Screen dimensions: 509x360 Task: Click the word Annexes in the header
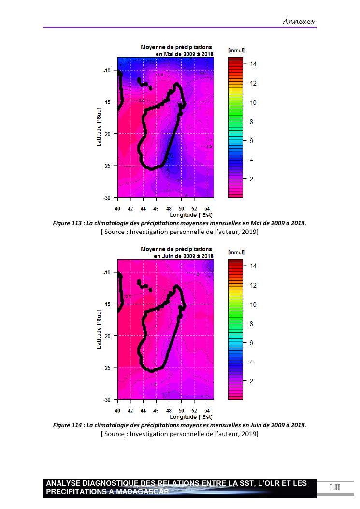click(x=299, y=21)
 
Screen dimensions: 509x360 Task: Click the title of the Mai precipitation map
click(x=176, y=50)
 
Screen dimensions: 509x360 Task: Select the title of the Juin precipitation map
click(x=176, y=252)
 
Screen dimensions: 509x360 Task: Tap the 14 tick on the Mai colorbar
click(x=253, y=64)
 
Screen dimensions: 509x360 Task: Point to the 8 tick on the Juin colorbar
click(x=251, y=324)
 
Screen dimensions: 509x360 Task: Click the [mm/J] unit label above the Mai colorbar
click(x=236, y=50)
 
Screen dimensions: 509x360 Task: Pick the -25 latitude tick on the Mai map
click(x=107, y=166)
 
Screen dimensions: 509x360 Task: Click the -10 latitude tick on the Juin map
click(x=107, y=273)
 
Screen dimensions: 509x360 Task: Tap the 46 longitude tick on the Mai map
click(x=156, y=209)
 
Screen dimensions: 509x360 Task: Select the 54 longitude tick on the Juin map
click(x=207, y=411)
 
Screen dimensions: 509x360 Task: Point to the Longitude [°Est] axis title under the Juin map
click(x=191, y=417)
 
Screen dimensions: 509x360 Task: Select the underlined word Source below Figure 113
click(x=114, y=232)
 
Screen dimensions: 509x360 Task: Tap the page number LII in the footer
click(x=335, y=487)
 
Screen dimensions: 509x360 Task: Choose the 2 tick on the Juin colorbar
click(x=251, y=381)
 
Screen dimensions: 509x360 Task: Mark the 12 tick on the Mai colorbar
click(x=253, y=83)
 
